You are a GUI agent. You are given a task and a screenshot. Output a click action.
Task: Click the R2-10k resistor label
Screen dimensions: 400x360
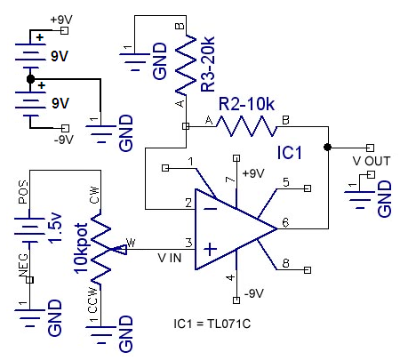246,104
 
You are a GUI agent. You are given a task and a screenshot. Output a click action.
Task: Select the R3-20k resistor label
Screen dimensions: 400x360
208,64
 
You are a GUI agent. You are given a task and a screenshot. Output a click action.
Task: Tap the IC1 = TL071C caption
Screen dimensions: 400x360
212,324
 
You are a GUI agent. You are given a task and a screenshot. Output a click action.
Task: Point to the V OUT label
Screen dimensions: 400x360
372,161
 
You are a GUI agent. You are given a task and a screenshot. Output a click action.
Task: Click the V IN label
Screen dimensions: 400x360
170,258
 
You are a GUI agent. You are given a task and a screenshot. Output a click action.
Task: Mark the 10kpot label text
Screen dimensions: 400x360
81,248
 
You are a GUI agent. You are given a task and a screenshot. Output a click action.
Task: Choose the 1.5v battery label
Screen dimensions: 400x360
55,228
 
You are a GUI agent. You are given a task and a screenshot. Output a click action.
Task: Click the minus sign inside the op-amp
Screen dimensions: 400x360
211,209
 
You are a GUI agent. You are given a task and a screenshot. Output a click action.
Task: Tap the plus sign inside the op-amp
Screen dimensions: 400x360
211,249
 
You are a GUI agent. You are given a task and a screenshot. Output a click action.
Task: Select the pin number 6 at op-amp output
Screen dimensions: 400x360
285,222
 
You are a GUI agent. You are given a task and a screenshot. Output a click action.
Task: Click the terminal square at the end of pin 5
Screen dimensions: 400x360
308,188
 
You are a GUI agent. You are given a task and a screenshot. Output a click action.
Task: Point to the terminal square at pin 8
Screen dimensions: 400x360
308,270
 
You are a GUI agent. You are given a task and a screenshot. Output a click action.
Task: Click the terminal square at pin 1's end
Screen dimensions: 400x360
165,168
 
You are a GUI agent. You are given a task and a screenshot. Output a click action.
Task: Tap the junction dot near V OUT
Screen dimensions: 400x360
327,148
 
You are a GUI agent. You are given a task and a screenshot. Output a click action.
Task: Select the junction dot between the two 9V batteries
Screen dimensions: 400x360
30,79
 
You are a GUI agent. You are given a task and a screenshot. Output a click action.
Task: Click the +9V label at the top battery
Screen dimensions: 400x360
61,20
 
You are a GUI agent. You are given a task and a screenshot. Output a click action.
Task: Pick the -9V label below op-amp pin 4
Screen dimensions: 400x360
254,293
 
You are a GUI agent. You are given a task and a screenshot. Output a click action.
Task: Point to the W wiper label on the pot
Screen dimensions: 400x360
131,243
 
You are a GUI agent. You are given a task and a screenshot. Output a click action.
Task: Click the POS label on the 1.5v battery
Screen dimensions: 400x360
23,192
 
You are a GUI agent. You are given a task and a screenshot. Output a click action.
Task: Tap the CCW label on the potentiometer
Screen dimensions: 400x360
92,300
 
